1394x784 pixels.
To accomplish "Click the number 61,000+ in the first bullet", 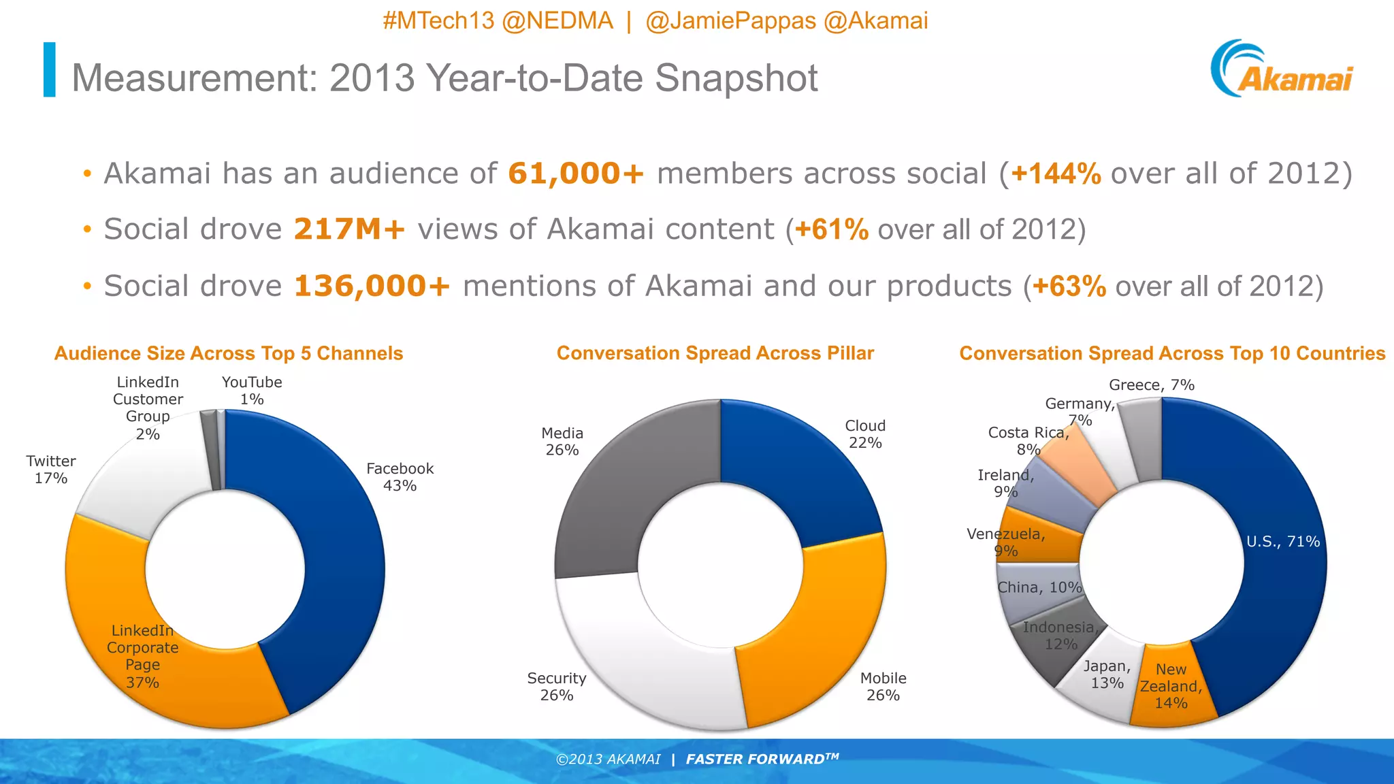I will coord(575,174).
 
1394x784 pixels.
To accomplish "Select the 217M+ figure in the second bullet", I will coord(349,229).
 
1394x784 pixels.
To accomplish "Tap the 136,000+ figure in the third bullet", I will coord(372,286).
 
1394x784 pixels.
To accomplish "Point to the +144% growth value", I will coord(1056,174).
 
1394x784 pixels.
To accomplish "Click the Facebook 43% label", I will coord(400,477).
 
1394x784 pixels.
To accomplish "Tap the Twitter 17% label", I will coord(51,470).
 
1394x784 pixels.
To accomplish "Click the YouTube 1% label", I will coord(252,391).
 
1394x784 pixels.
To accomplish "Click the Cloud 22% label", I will coord(865,434).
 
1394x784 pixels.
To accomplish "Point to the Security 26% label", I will coord(556,687).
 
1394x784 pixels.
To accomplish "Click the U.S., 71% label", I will coord(1282,542).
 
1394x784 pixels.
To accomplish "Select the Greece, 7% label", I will coord(1152,385).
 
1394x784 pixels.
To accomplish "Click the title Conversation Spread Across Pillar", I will coord(715,353).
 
